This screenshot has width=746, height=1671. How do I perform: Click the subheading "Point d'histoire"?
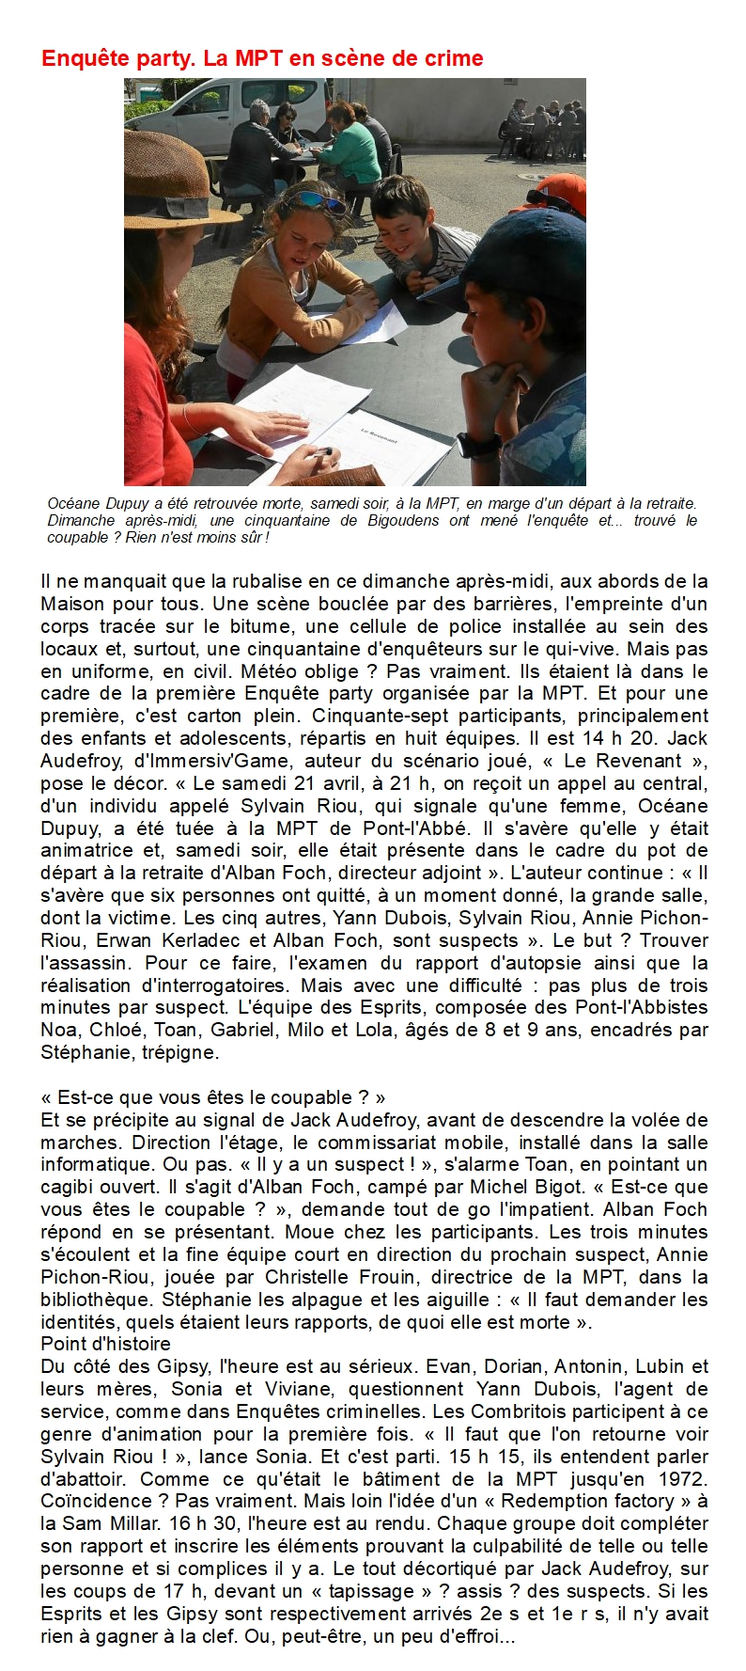(105, 1344)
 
